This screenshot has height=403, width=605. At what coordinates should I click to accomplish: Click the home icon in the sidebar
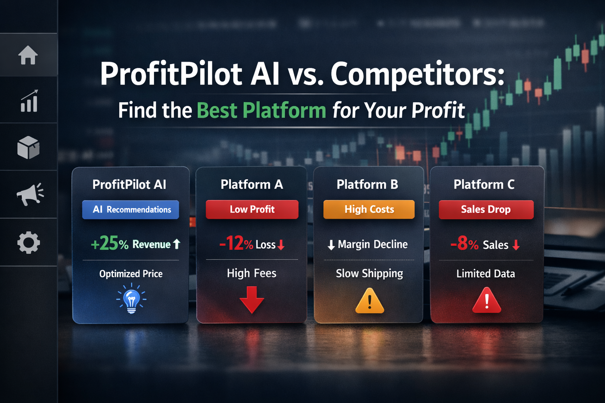28,55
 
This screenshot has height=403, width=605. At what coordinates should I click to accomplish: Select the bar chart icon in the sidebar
29,101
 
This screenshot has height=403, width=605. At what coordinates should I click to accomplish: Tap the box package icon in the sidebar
28,148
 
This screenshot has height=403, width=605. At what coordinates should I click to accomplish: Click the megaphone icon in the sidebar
30,194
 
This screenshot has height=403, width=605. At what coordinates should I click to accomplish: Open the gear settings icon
29,242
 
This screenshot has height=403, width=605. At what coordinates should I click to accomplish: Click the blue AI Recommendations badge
130,209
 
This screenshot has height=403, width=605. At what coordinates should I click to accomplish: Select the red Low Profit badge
252,209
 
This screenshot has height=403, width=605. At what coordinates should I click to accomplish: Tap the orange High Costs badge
369,209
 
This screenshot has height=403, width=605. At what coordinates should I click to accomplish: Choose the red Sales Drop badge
486,209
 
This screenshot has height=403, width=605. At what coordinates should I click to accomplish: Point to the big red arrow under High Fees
252,299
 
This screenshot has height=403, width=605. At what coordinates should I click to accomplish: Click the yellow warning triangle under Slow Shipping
369,301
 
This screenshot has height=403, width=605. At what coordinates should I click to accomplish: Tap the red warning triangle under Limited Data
487,301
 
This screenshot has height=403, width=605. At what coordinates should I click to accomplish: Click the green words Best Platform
261,110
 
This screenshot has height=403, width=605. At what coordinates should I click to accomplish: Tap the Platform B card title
367,184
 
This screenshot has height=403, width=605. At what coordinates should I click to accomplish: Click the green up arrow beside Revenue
176,244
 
